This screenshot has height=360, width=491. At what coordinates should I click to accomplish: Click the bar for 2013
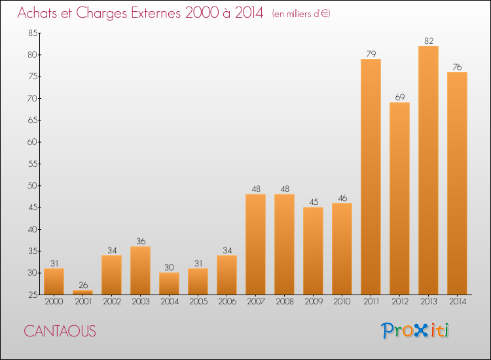pos(428,170)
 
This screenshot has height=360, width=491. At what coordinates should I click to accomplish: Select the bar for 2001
pos(82,292)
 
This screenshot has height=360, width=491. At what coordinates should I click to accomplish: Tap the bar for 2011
pos(371,177)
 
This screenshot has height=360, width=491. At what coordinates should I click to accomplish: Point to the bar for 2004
pos(169,283)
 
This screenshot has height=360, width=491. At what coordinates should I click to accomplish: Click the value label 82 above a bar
pos(428,41)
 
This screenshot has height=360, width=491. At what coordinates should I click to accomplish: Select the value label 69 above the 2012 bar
pos(399,98)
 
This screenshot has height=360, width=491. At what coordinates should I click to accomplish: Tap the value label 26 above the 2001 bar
pos(82,285)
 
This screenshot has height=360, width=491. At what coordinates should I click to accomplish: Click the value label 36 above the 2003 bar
pos(140,242)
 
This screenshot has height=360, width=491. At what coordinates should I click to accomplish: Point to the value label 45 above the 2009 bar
pos(313,202)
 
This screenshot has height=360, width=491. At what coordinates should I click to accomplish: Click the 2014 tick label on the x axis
pos(457,302)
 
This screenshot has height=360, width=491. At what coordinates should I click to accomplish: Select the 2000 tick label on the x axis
pos(54,302)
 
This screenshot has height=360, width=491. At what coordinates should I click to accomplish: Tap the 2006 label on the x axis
pos(227,302)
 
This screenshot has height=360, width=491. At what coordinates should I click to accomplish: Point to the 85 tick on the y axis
pos(31,33)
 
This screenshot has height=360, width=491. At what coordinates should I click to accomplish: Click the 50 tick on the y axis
pos(31,186)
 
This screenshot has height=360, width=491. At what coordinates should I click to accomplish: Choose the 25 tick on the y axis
pos(31,295)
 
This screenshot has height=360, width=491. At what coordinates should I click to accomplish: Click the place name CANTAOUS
pos(60,331)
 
